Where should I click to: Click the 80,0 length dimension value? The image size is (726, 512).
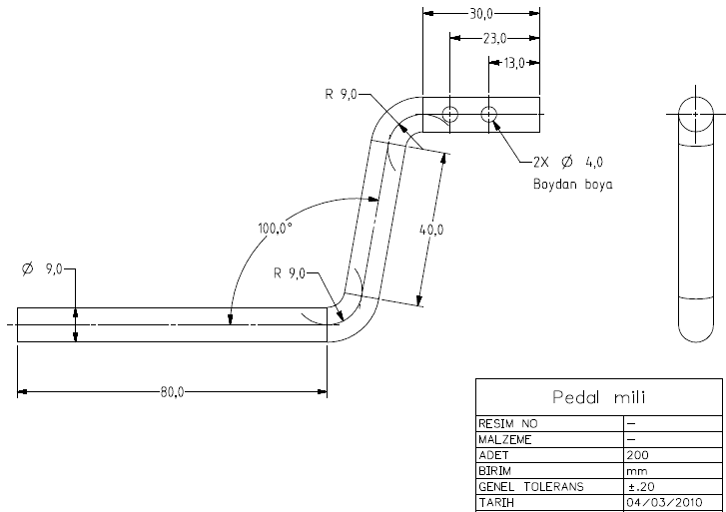(172, 391)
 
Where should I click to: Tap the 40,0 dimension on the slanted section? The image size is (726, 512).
(431, 231)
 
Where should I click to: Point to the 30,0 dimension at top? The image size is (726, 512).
(480, 14)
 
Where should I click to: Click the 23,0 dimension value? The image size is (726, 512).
(494, 38)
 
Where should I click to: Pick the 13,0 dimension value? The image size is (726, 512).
(513, 63)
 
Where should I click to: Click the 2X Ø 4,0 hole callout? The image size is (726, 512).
(566, 162)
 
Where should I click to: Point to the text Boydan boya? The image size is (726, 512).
(572, 185)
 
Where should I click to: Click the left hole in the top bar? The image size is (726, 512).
(450, 114)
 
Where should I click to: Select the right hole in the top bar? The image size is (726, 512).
(489, 114)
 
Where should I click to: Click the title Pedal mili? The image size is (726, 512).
(598, 397)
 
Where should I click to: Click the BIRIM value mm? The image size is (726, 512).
(635, 470)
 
